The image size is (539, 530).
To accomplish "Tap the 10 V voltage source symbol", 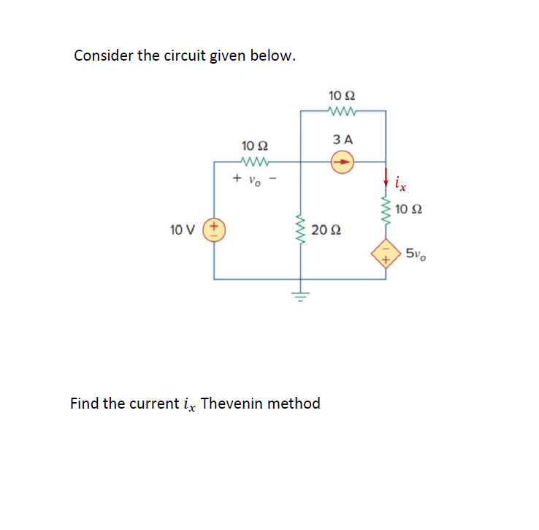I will coord(214,230).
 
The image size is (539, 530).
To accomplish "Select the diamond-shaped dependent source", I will coord(386,255).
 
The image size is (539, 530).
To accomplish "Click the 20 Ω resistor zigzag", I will coord(299,230).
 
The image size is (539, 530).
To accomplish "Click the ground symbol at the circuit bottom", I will coord(299,295).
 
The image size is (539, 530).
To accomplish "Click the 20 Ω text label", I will coord(326,231).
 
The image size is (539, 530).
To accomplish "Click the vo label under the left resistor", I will coord(253,178).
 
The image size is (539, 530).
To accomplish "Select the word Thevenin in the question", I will coord(229,404).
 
